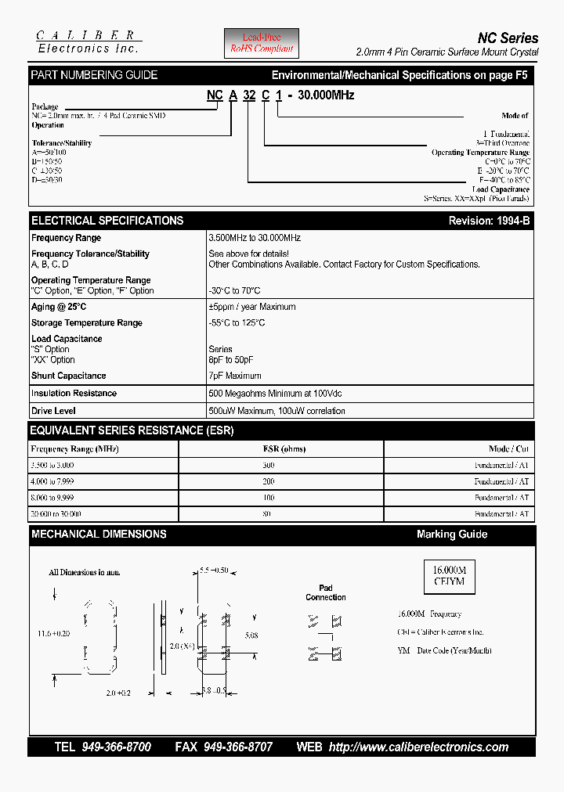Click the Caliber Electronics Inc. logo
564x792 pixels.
pos(88,41)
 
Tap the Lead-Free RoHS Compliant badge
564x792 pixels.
pos(262,43)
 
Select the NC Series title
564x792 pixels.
pos(508,38)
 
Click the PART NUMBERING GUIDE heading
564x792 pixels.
pos(94,75)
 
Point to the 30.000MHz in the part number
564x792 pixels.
pos(327,95)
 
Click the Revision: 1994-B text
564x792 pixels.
pos(489,221)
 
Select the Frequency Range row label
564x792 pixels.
pos(67,238)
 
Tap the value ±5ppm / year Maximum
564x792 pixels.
pos(252,307)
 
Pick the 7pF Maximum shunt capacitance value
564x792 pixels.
pos(235,376)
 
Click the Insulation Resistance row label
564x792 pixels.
pos(74,394)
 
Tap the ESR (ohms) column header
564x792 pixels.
pos(284,449)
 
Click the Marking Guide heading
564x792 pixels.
pos(451,535)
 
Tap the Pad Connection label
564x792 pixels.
pos(326,592)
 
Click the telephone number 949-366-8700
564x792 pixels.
pos(116,747)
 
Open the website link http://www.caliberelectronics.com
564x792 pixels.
pos(418,747)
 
